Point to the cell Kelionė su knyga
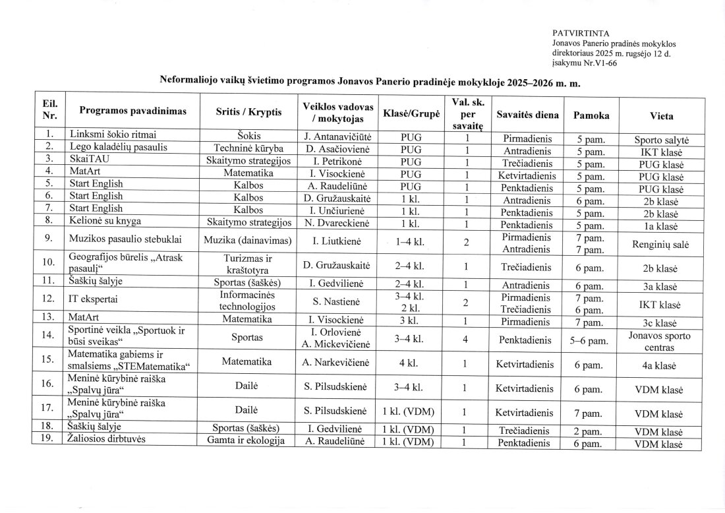[x=105, y=224]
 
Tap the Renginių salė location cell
[x=661, y=244]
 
